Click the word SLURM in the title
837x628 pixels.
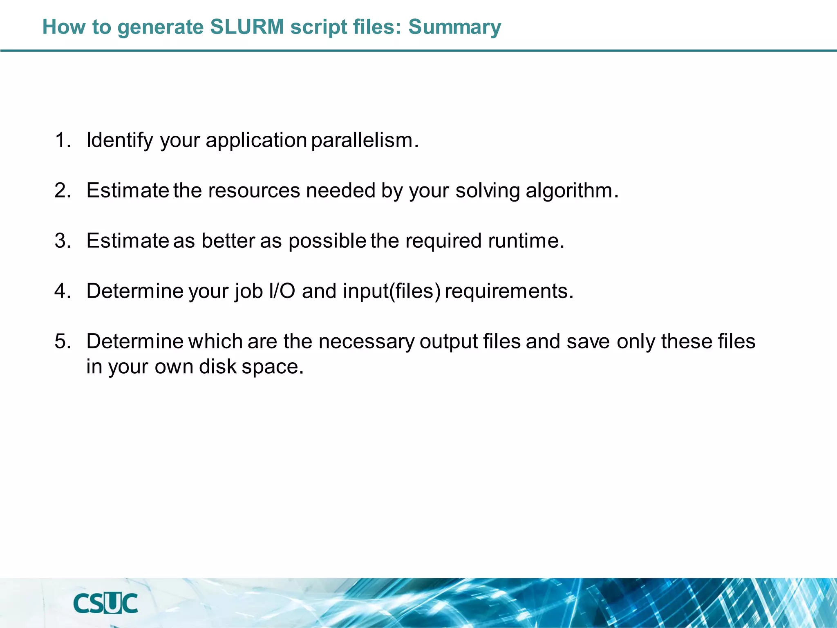pos(247,27)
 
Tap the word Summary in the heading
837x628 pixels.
pos(454,27)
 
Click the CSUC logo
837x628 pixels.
pos(105,603)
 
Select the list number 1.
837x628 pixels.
pos(62,140)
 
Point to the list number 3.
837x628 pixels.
pos(62,240)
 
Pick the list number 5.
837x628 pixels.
pos(62,341)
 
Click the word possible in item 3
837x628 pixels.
pos(327,241)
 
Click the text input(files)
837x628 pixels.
pos(392,291)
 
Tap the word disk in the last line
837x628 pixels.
pos(217,367)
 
